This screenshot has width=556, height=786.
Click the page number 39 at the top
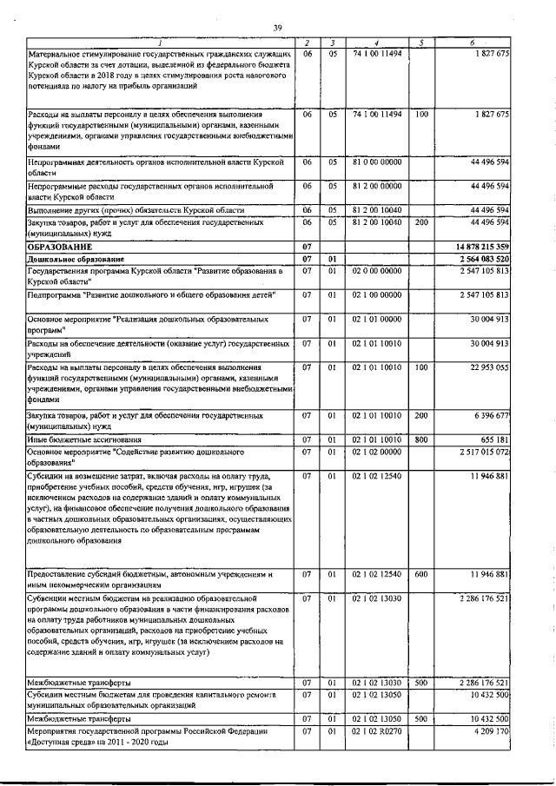pos(277,29)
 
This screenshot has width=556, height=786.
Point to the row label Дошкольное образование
pos(75,259)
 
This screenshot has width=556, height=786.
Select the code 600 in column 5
pos(421,574)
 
